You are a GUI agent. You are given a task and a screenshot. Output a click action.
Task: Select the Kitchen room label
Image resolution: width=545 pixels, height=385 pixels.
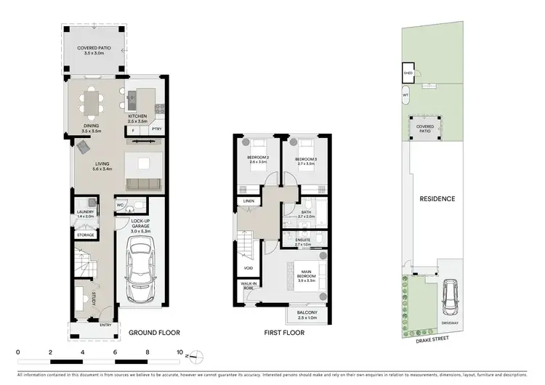coord(138,118)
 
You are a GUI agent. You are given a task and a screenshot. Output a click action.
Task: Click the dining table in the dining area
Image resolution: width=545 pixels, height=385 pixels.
coord(92,101)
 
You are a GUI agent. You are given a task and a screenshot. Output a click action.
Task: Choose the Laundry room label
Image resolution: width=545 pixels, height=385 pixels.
coord(86,214)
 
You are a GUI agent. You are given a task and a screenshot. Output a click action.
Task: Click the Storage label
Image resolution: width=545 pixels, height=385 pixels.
coord(86,235)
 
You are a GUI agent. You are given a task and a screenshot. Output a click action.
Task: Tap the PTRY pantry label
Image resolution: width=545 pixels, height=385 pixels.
coord(156,129)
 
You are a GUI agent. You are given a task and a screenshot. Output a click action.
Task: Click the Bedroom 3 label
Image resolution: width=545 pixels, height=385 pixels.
coord(305,161)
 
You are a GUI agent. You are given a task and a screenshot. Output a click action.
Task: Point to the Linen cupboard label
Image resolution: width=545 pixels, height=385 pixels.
coord(248,200)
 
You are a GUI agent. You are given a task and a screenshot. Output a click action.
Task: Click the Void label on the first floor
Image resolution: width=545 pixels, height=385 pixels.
coord(249,268)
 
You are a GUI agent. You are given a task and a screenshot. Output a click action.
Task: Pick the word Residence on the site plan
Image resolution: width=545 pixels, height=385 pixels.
coord(437,198)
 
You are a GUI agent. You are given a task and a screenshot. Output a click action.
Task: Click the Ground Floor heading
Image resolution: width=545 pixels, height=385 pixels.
coord(154,333)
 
